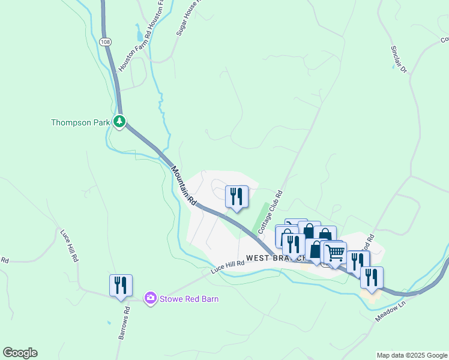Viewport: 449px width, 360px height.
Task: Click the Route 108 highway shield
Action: point(106,41)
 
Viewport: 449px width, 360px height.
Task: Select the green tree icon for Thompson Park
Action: point(120,122)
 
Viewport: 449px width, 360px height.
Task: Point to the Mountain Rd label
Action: point(184,186)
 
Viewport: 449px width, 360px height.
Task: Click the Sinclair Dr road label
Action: point(399,59)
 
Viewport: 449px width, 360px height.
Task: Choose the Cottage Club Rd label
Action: point(270,212)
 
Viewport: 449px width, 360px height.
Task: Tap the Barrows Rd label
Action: point(124,323)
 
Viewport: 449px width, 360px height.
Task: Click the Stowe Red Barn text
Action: point(189,299)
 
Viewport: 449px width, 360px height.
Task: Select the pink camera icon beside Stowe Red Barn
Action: point(150,298)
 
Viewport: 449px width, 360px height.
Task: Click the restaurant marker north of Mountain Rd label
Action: point(237,196)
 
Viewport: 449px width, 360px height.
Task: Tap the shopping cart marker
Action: point(336,253)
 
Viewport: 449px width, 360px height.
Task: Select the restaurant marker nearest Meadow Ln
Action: point(372,277)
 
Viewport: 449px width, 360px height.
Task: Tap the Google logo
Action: point(20,353)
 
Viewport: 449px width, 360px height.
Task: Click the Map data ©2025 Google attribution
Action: point(412,355)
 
